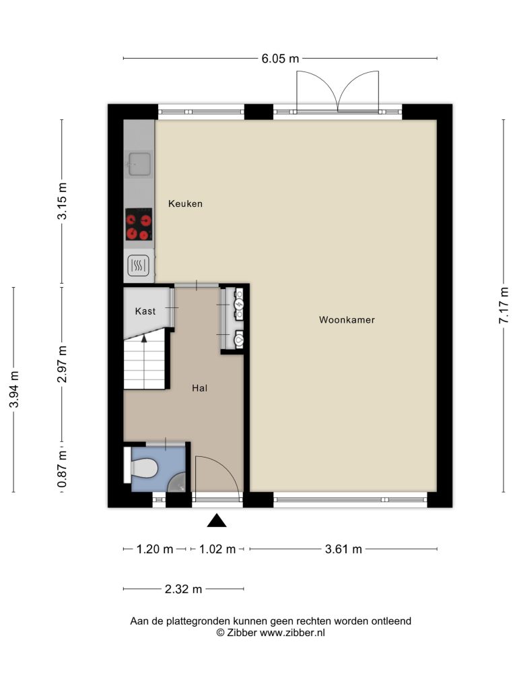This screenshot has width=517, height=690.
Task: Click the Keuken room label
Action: coord(186,203)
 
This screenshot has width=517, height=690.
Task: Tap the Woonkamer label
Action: coord(347,320)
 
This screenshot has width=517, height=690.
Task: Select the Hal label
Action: coord(199,388)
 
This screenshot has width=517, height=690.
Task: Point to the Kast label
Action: coord(145,311)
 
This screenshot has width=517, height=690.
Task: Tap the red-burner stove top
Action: coord(139,224)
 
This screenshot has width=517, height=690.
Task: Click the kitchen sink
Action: coord(139,163)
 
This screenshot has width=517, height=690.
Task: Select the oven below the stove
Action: coord(139,265)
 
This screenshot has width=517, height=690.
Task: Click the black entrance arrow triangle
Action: coord(217,521)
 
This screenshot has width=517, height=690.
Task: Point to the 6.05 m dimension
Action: coord(280,59)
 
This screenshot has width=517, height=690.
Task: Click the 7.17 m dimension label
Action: coord(504,305)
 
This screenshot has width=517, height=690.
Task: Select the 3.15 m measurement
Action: coord(62,201)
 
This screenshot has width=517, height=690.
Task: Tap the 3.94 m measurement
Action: coord(14,389)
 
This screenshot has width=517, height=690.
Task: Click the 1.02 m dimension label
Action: coord(217,549)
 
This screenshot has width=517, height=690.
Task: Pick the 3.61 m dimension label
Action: coord(343,549)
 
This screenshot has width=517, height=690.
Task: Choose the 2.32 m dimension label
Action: coord(183,589)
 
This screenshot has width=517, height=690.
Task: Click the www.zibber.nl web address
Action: coord(292,633)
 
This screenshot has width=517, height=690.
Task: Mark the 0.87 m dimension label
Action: coord(62,469)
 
